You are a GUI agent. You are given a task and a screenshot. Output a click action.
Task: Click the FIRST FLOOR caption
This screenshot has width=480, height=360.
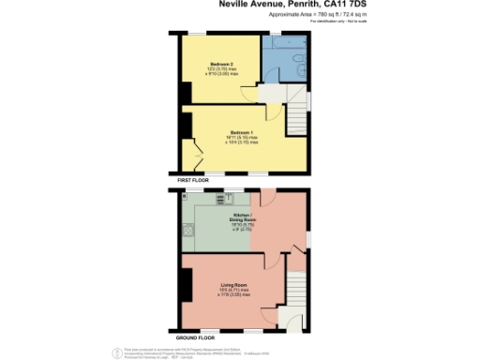(x=196, y=177)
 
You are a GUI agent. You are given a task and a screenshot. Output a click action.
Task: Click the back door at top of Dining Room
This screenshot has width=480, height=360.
(x=267, y=198)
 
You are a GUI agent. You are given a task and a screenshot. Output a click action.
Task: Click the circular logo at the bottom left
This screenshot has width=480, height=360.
(x=118, y=352)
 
